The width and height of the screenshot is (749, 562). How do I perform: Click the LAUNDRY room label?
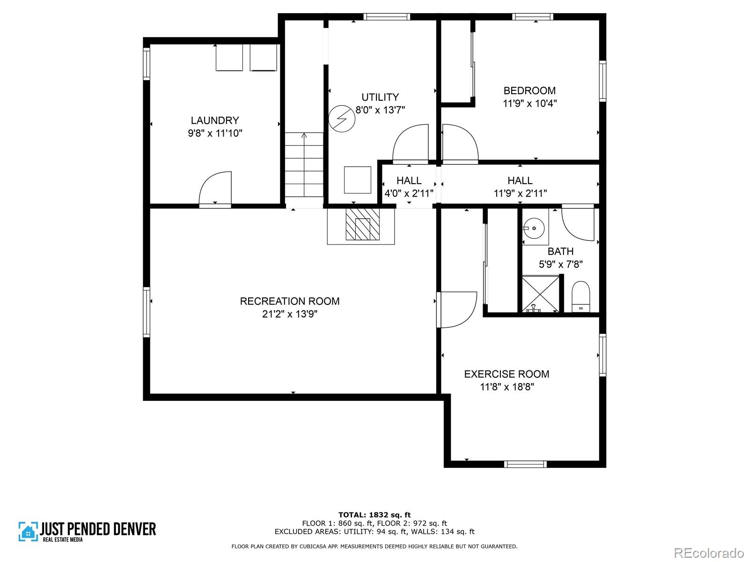[x=215, y=120]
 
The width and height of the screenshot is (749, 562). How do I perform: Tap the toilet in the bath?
[x=581, y=296]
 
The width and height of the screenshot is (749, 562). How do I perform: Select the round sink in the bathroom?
[x=534, y=229]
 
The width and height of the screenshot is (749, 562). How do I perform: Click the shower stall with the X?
[x=541, y=294]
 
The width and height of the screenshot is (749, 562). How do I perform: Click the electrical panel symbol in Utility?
[x=342, y=119]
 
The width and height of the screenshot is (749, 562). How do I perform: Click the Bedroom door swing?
[x=459, y=144]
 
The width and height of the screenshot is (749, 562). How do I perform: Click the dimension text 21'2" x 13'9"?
[x=290, y=314]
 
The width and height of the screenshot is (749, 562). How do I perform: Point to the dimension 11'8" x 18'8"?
[x=507, y=387]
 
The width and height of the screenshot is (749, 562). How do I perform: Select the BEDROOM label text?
[x=529, y=91]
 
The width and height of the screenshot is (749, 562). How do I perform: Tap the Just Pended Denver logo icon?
[x=28, y=532]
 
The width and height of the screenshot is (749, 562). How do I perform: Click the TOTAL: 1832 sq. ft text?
[x=374, y=515]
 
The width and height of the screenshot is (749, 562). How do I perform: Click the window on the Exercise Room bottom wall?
[x=525, y=464]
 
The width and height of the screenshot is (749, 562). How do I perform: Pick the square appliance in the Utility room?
[x=358, y=180]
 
